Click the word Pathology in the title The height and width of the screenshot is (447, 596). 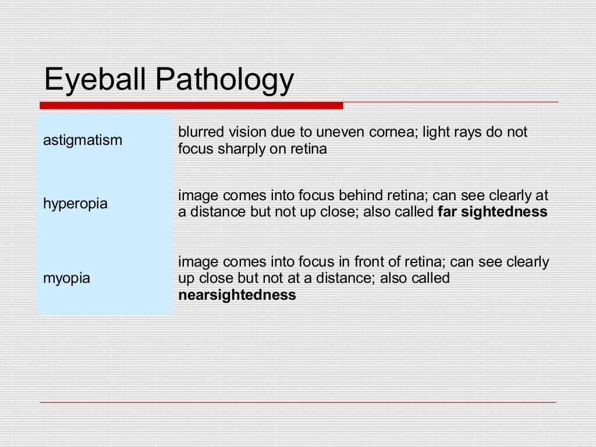(x=226, y=80)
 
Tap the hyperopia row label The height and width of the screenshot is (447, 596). (x=76, y=204)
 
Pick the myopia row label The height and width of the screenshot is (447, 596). (x=67, y=278)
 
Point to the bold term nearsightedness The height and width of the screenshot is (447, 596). (x=237, y=295)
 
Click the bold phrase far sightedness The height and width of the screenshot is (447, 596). (x=492, y=212)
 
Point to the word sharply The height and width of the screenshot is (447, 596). (x=242, y=149)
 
